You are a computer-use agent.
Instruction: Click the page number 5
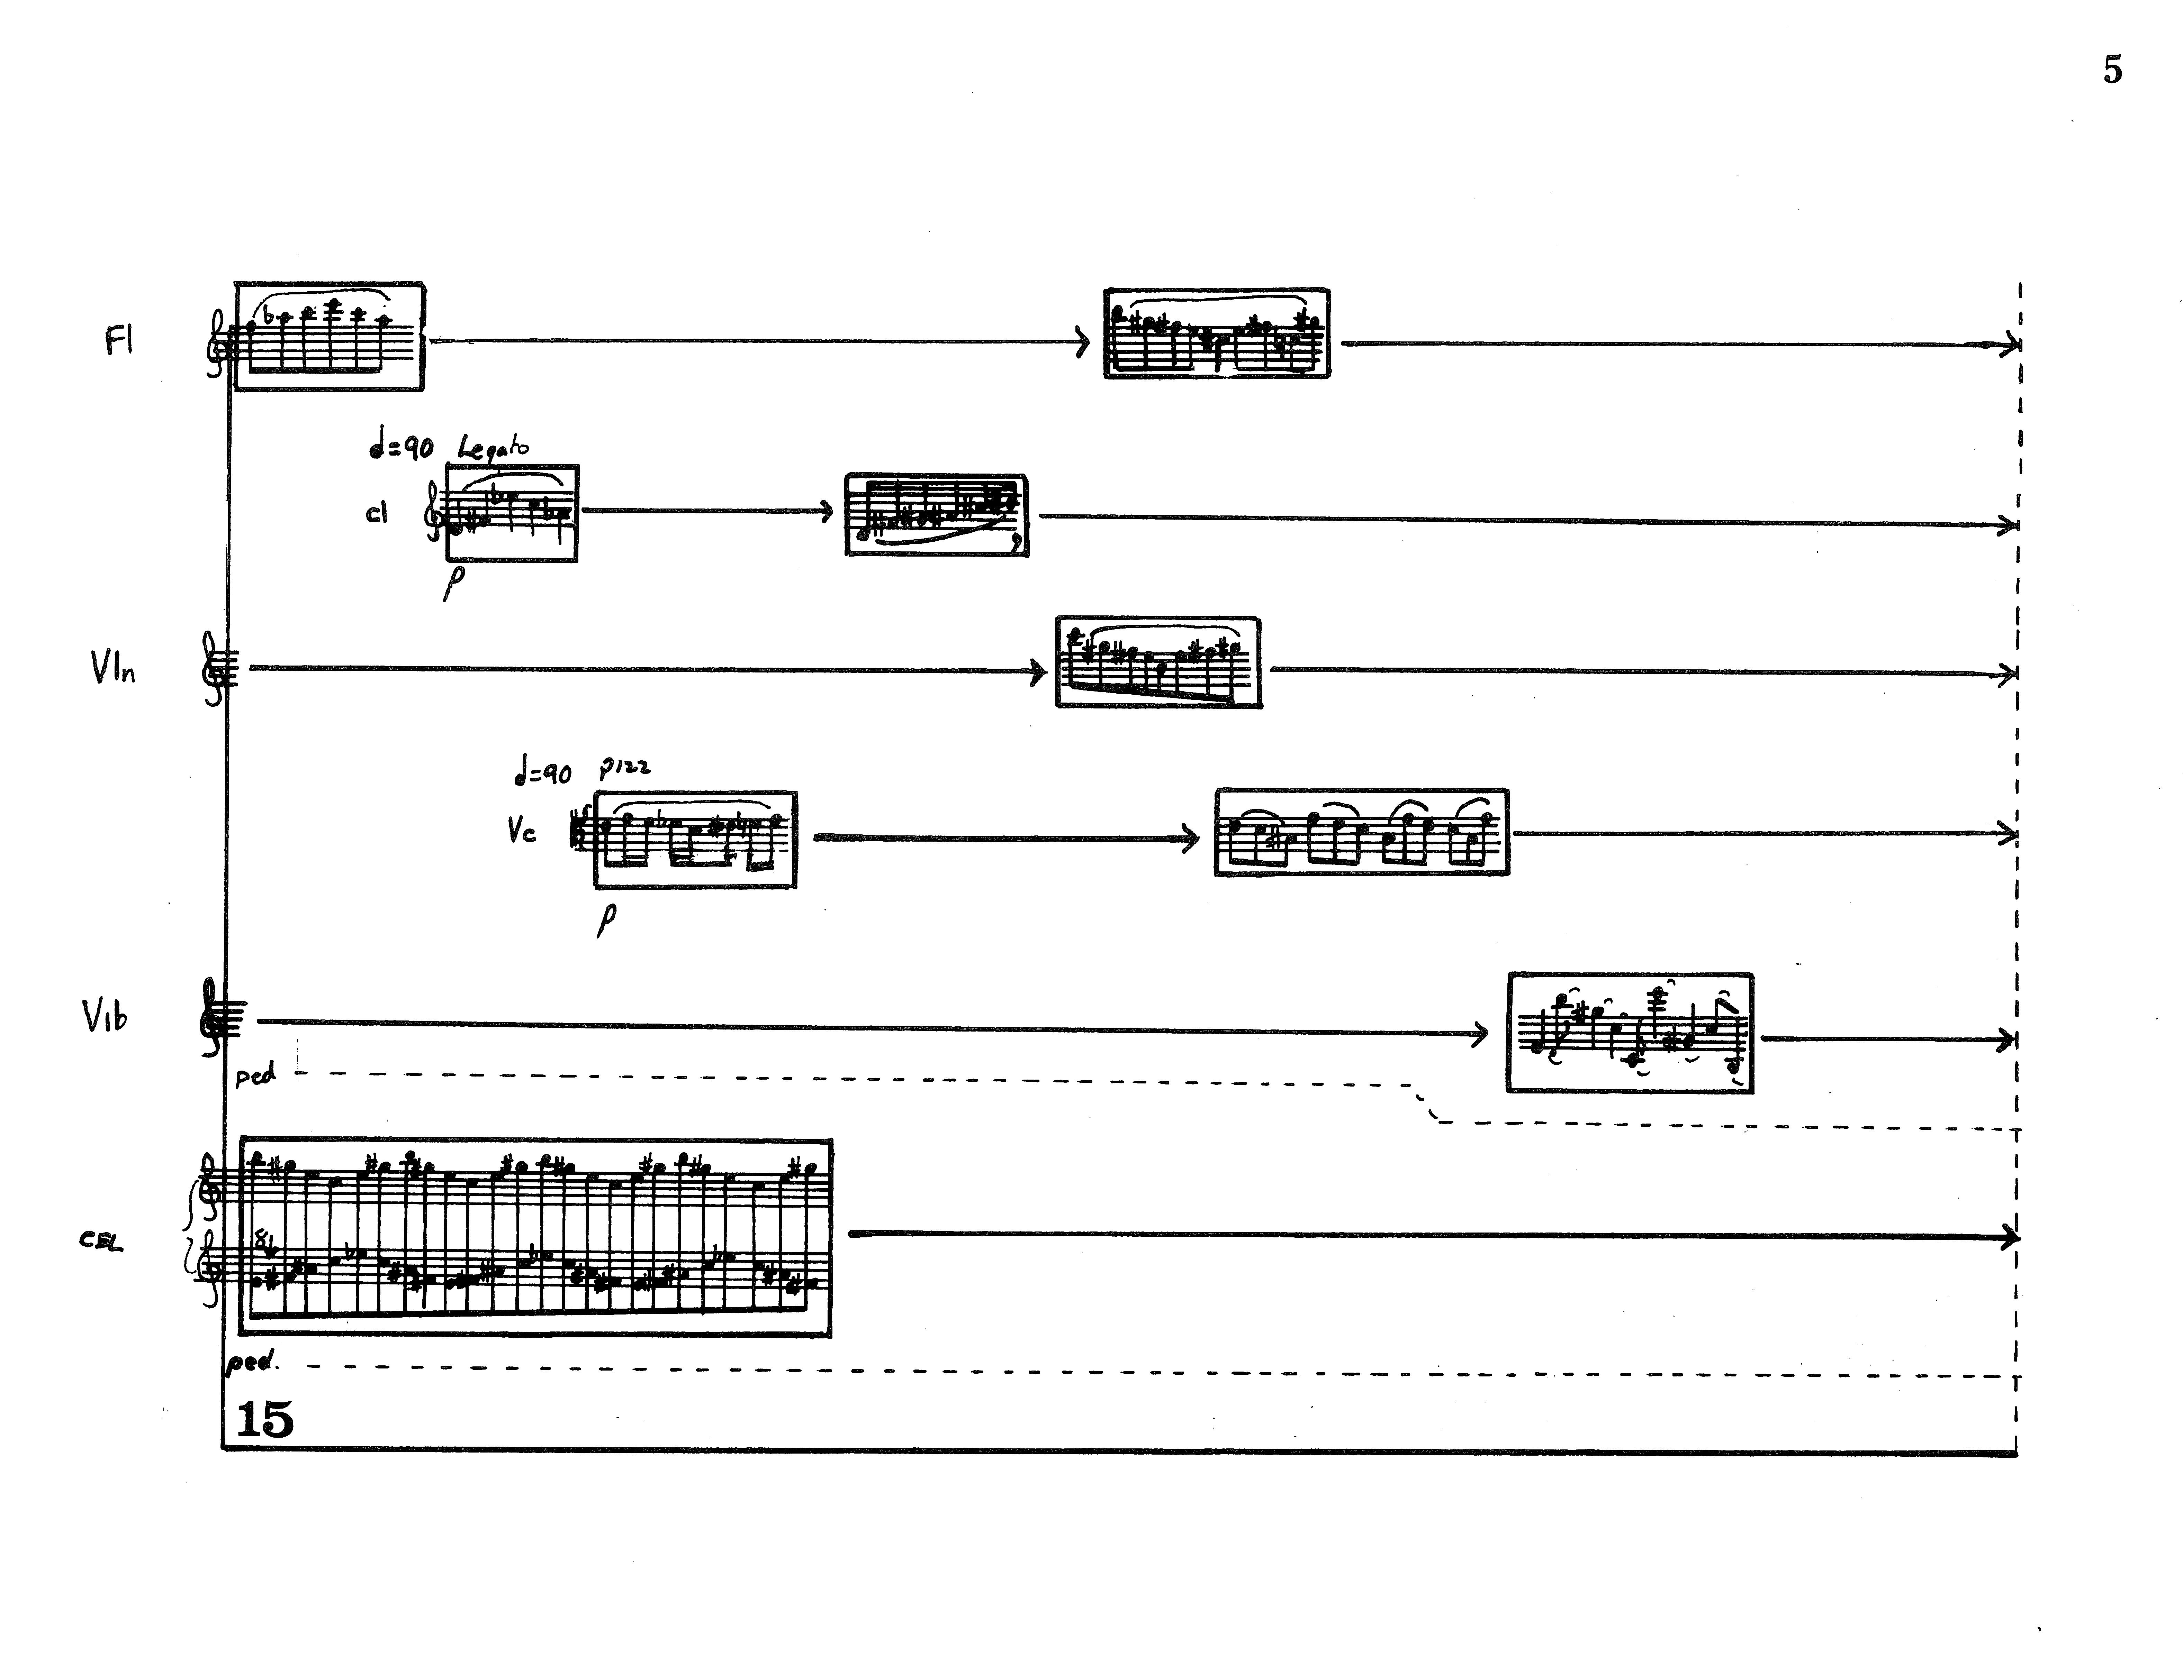(x=2111, y=71)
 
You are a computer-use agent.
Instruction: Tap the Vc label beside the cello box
(x=521, y=831)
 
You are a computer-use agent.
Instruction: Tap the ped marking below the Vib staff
(x=255, y=1075)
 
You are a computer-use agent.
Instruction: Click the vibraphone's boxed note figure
(x=1629, y=1033)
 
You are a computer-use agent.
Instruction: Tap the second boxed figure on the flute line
(x=1216, y=333)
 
